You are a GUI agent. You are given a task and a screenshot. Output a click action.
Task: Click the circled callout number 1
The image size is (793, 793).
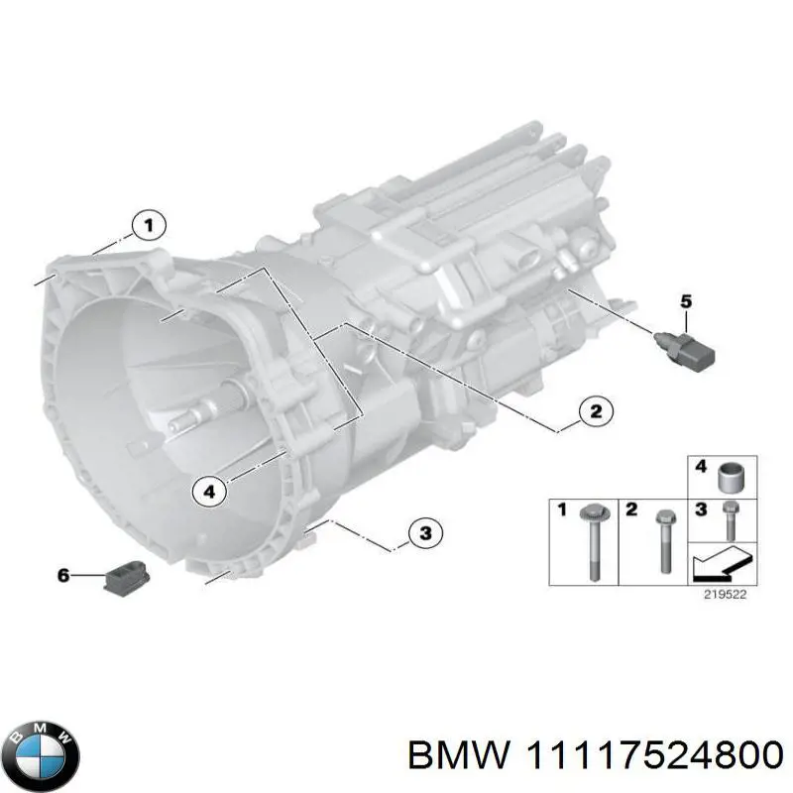148,227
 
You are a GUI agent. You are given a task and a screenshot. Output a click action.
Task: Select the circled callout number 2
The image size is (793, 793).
594,411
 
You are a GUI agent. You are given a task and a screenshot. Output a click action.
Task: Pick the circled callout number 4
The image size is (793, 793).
208,489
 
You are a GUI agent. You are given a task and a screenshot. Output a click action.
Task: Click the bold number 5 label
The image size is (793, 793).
685,301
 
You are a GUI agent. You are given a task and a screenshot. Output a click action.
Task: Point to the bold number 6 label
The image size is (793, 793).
64,575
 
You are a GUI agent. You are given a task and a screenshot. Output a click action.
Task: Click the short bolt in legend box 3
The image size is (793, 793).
730,518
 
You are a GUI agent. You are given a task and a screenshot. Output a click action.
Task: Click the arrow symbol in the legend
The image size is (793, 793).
718,566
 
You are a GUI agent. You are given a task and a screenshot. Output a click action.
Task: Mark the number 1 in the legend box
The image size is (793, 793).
561,510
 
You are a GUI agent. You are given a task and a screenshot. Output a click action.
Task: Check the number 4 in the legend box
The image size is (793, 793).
700,466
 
